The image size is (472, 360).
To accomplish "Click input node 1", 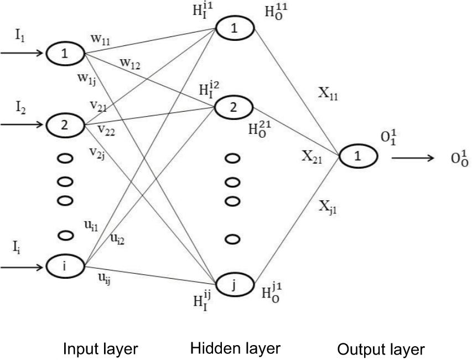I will [x=65, y=54].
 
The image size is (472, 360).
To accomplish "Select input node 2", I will [x=65, y=124].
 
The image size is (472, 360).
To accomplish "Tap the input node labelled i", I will [x=65, y=267].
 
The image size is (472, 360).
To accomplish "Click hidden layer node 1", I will [x=234, y=29].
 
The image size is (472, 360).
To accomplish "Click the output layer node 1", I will [x=358, y=156].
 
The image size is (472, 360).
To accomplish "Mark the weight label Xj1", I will [x=329, y=207].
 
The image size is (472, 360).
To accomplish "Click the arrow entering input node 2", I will [x=22, y=124].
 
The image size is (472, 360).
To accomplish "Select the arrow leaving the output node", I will [x=412, y=158].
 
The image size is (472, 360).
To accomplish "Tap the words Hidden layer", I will [x=235, y=348].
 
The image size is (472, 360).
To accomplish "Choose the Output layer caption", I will [x=381, y=349].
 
